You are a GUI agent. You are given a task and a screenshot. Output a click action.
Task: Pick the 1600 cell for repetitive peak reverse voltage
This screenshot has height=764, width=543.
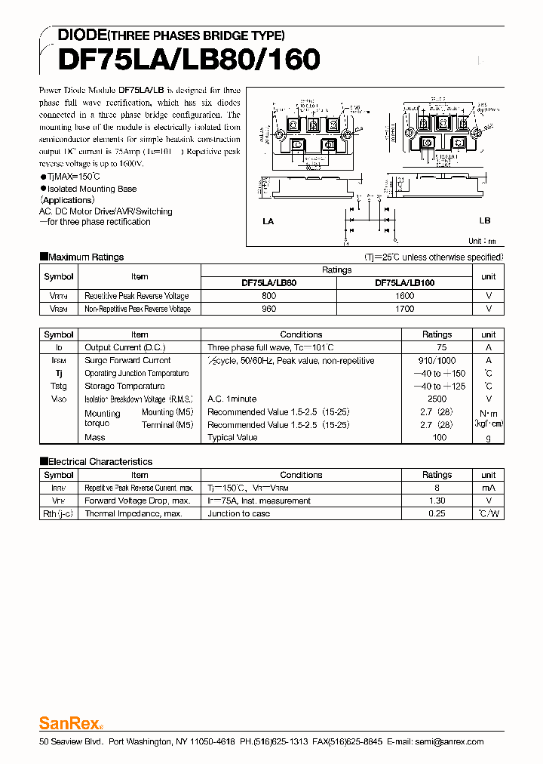(404, 296)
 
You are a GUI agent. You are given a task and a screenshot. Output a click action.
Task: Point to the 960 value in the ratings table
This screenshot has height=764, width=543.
(269, 309)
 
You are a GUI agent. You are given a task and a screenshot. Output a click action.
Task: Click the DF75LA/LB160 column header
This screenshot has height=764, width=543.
(404, 283)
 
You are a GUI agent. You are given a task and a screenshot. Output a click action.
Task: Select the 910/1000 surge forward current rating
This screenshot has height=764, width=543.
(437, 361)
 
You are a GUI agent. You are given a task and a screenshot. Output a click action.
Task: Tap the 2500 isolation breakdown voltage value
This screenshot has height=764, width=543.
(437, 399)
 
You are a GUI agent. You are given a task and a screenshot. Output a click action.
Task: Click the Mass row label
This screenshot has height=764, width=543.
(95, 437)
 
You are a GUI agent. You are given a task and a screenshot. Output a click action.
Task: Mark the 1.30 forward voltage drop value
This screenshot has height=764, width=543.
(437, 501)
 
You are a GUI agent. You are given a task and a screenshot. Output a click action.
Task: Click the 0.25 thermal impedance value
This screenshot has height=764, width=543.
(437, 513)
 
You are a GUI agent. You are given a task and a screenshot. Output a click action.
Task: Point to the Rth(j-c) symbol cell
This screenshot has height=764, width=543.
(59, 513)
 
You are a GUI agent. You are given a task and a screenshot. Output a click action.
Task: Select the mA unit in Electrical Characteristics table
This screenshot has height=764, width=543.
(489, 488)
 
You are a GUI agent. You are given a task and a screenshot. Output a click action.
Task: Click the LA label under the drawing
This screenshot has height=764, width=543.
(268, 221)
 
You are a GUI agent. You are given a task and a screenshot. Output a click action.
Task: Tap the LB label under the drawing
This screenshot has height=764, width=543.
(484, 220)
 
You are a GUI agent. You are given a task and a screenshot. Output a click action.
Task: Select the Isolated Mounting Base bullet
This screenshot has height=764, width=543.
(91, 189)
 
